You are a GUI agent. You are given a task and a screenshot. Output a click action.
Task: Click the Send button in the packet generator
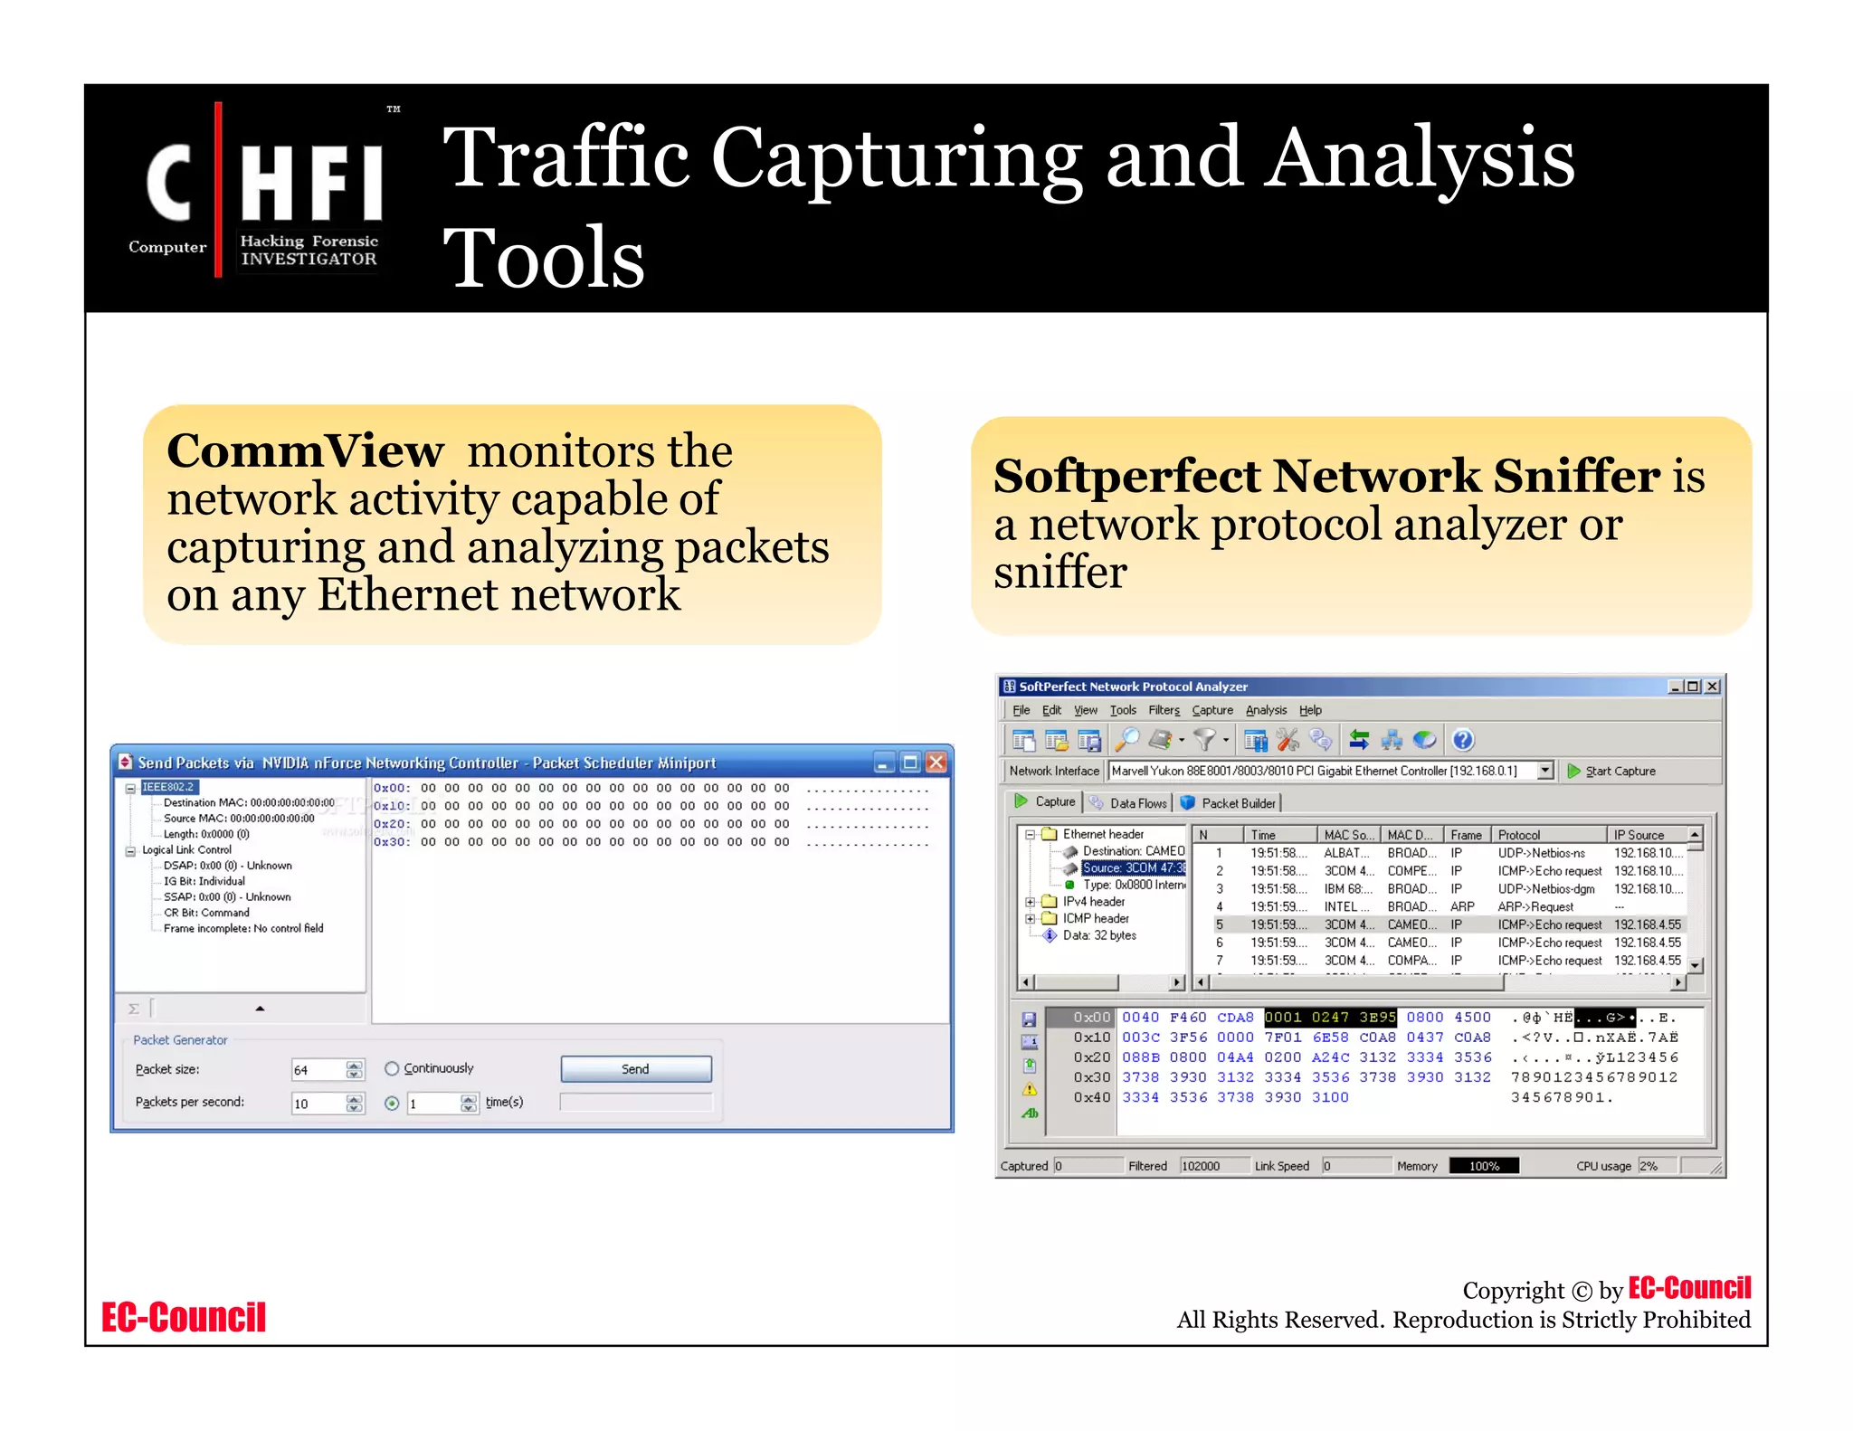click(635, 1068)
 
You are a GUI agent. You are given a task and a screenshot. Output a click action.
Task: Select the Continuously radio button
click(392, 1068)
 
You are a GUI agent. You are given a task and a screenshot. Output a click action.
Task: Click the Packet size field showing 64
click(317, 1070)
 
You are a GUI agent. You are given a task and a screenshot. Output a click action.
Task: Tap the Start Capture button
click(1611, 771)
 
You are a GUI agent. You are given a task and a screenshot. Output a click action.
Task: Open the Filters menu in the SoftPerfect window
click(1164, 710)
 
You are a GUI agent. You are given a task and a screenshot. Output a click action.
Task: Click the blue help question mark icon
click(1462, 740)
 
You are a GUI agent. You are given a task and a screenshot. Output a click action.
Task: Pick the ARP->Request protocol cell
click(1535, 906)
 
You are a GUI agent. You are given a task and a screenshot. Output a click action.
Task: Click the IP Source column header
click(1639, 835)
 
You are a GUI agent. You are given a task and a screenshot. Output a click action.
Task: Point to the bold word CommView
click(305, 450)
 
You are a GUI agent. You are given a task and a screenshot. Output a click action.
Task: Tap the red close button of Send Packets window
click(936, 763)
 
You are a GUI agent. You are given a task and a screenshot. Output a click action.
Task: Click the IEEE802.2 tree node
click(168, 787)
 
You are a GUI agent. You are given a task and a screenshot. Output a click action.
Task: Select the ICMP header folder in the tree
click(1095, 918)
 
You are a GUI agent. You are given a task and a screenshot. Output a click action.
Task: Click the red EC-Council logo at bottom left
click(184, 1317)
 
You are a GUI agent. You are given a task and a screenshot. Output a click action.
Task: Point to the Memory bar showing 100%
click(1483, 1166)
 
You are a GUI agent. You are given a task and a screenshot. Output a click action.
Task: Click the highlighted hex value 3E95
click(1377, 1017)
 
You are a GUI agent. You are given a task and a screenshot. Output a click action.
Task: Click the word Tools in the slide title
click(544, 258)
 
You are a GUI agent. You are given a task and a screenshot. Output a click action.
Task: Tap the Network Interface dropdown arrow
click(1545, 771)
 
